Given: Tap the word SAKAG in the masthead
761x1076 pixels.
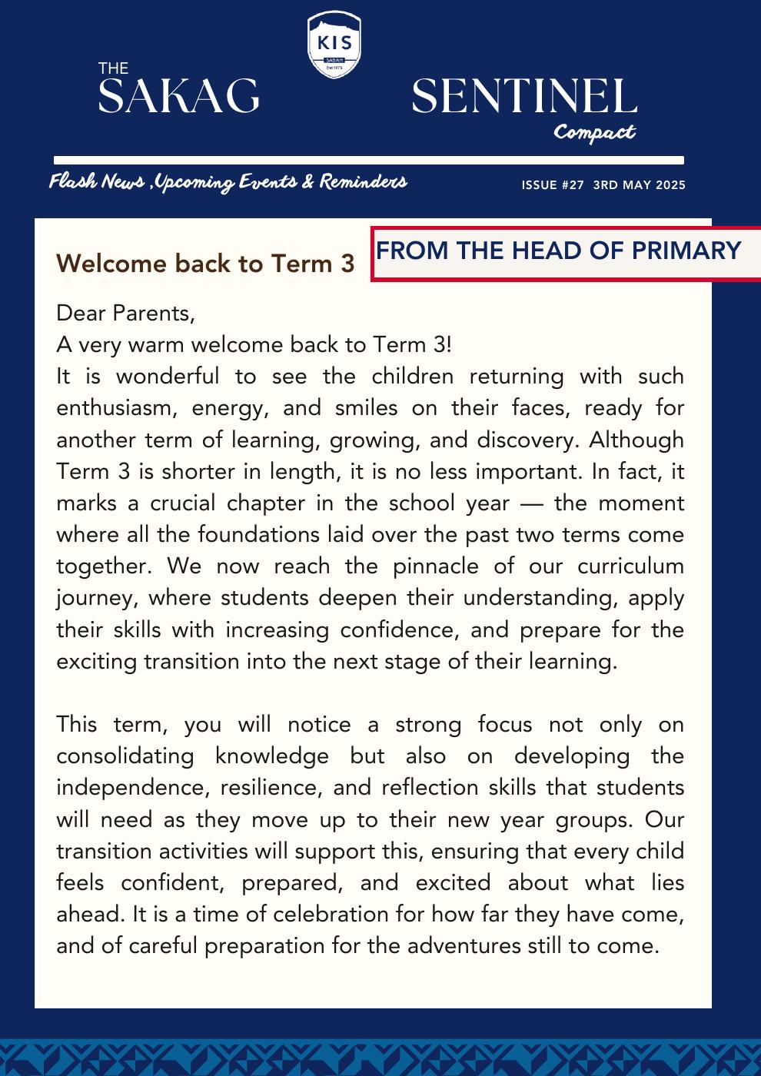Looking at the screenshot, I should (178, 97).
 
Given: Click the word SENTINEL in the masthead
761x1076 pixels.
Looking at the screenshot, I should (524, 97).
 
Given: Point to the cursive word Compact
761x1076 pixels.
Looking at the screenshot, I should (594, 132).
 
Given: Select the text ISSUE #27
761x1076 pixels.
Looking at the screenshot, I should (553, 185).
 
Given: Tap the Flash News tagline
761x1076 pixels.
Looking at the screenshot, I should (228, 182).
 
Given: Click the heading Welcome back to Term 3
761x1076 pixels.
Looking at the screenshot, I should (205, 264).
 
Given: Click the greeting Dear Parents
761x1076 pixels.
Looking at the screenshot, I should (121, 313).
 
